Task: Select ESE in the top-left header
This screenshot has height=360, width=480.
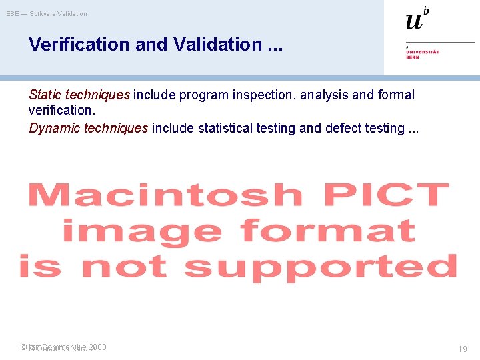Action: pyautogui.click(x=13, y=14)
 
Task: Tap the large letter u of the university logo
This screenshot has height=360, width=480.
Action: pyautogui.click(x=414, y=21)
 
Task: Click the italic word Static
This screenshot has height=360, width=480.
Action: pyautogui.click(x=46, y=95)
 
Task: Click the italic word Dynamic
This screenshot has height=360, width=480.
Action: pyautogui.click(x=55, y=128)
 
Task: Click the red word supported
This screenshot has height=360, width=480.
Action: pyautogui.click(x=321, y=266)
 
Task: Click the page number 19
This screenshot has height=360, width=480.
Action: pyautogui.click(x=462, y=349)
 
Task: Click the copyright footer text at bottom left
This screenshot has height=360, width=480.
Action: pyautogui.click(x=63, y=347)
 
